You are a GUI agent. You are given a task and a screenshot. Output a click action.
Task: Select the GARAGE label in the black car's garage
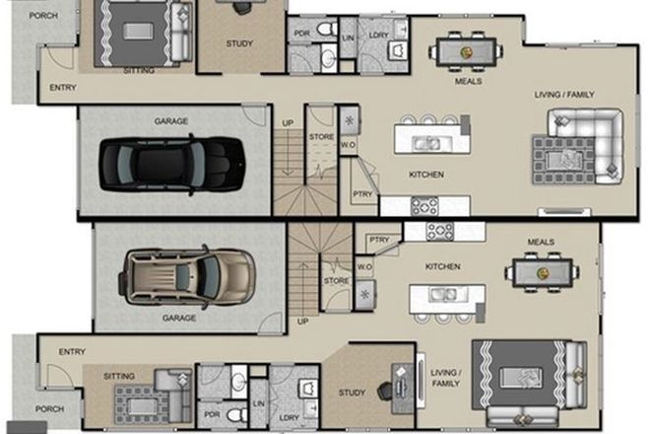[x=170, y=121]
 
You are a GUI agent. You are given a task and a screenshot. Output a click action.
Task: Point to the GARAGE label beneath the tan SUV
[x=179, y=318]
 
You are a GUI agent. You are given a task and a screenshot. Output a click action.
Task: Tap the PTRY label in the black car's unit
[x=363, y=194]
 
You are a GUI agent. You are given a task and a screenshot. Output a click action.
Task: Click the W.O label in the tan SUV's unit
[x=363, y=266]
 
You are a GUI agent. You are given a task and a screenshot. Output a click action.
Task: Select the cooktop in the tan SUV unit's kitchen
[x=439, y=231]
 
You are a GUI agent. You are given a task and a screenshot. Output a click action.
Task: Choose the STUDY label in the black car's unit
[x=239, y=42]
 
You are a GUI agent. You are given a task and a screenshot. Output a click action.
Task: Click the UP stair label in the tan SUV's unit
[x=303, y=321]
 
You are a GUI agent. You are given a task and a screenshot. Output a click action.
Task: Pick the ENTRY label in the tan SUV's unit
[x=71, y=351]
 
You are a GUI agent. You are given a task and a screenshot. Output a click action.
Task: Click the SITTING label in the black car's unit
[x=139, y=71]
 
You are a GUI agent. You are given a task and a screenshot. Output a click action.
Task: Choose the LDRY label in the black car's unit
[x=378, y=36]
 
